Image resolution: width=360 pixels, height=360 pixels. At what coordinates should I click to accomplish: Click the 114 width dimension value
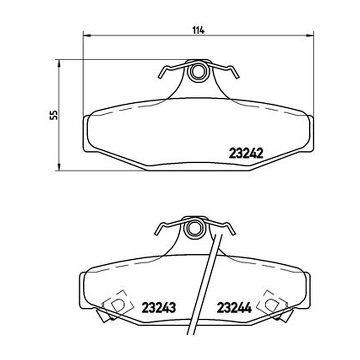coord(198,30)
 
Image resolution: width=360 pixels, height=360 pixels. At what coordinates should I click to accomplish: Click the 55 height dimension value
coord(54,115)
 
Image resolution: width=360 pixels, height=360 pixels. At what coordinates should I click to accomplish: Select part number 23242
coord(246,153)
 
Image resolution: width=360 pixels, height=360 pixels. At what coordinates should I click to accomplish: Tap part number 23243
coord(159,307)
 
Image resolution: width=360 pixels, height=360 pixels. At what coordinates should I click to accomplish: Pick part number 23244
coord(234,307)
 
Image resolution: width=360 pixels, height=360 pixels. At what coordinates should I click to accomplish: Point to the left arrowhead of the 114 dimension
coord(87,36)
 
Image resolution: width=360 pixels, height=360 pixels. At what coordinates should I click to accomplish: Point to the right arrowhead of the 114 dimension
coord(310,36)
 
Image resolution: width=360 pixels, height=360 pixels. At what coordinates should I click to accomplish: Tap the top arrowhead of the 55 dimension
coord(59,63)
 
